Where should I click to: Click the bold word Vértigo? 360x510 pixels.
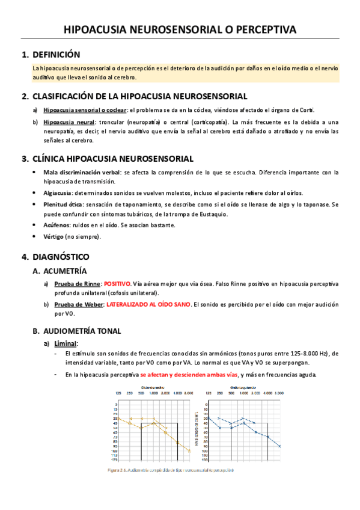[x=53, y=236]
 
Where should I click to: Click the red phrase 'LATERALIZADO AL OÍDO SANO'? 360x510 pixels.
[x=149, y=304]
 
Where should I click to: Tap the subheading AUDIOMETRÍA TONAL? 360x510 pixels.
[x=82, y=331]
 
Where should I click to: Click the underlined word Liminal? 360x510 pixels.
[x=65, y=343]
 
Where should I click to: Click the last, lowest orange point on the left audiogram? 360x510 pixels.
[x=189, y=451]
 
